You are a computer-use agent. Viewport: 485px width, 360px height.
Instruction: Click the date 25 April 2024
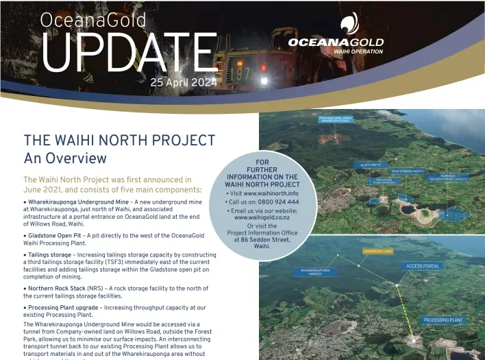184,83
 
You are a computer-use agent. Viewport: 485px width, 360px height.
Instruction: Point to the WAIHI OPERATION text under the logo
358,51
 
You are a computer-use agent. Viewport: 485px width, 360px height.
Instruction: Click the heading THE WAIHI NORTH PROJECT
119,141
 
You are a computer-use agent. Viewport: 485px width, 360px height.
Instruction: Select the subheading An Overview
65,158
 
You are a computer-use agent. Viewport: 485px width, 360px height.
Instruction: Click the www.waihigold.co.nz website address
262,217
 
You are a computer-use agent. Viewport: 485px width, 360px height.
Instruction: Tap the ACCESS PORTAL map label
423,266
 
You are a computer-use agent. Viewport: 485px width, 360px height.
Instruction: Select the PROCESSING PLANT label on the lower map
443,320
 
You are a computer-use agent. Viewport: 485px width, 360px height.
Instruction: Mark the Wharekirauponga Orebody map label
315,272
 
